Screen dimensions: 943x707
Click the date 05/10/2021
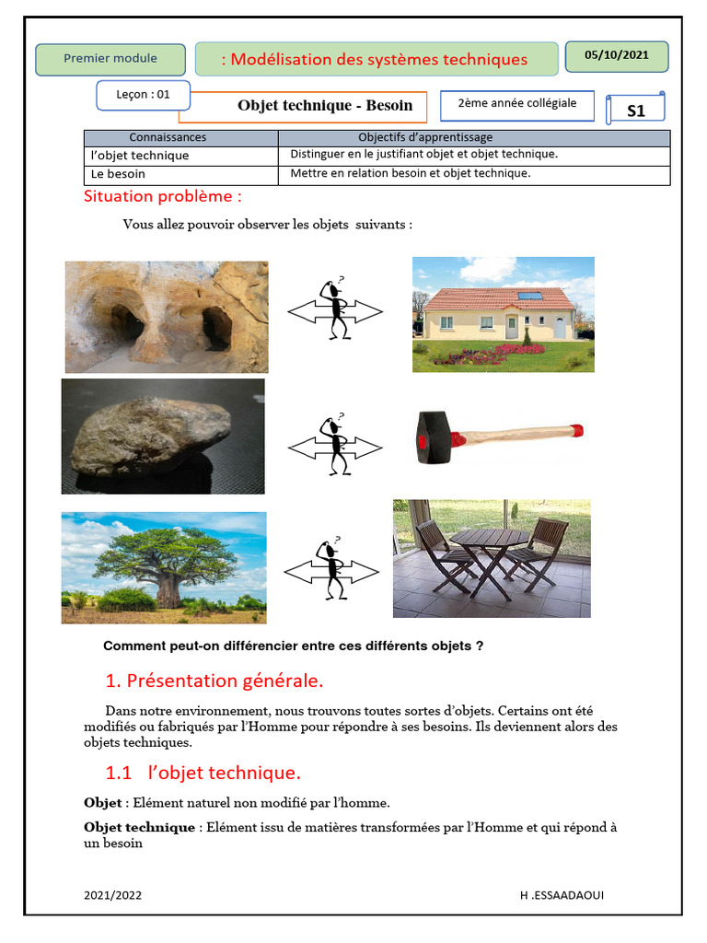click(616, 55)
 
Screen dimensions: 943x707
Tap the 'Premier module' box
click(110, 59)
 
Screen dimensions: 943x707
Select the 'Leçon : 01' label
click(144, 94)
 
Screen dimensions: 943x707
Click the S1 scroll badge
click(635, 111)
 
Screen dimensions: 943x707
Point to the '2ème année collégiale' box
click(516, 104)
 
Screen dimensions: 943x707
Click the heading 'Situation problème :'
click(163, 196)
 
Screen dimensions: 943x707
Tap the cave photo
click(166, 316)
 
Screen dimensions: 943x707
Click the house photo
click(503, 314)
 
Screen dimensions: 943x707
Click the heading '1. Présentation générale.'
click(214, 681)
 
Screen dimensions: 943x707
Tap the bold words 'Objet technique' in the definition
click(139, 827)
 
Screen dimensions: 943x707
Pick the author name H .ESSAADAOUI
click(562, 895)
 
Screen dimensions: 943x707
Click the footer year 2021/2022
click(112, 895)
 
